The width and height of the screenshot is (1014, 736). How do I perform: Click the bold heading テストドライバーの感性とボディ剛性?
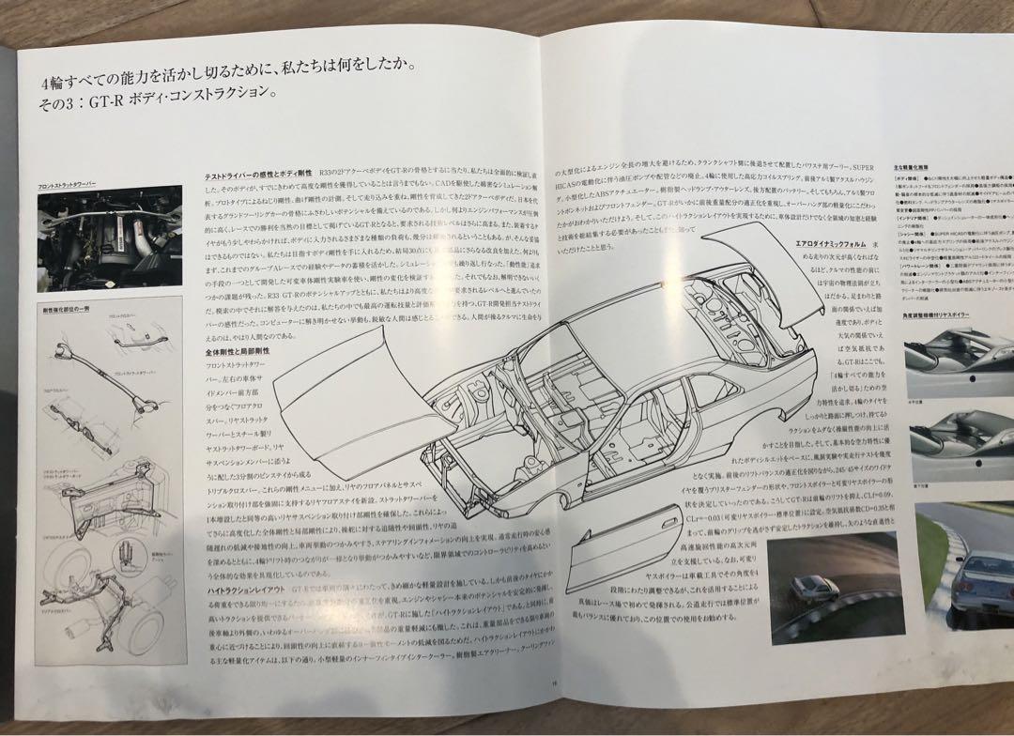(x=258, y=176)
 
